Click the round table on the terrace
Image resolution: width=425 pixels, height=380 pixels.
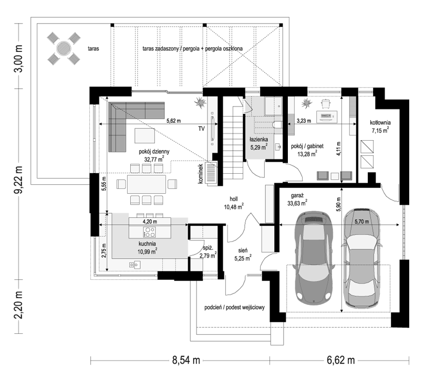coord(64,48)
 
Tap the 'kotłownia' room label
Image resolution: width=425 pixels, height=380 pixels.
coord(380,123)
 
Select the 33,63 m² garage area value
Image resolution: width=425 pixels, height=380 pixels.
coord(297,203)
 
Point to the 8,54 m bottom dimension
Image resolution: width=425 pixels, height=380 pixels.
coord(186,360)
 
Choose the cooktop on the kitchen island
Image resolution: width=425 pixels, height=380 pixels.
coord(149,232)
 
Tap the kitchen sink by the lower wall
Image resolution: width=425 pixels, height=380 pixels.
coord(134,264)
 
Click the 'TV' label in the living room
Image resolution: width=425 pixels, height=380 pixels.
coord(201,129)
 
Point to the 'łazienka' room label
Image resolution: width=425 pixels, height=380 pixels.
coord(259,140)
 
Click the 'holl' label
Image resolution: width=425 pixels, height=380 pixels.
coord(234,199)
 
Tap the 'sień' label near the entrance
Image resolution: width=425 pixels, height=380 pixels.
coord(243,250)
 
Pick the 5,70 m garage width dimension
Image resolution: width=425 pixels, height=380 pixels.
coord(361,221)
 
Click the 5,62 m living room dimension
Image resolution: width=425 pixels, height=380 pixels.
coord(173,121)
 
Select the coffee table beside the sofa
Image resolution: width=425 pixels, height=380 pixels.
coord(145,135)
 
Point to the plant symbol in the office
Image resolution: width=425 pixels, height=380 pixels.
coord(307,103)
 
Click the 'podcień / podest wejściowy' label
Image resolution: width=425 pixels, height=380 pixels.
coord(234,308)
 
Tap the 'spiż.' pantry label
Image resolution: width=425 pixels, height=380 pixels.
coord(208,248)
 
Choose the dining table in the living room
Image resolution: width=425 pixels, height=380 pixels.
coord(147,184)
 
